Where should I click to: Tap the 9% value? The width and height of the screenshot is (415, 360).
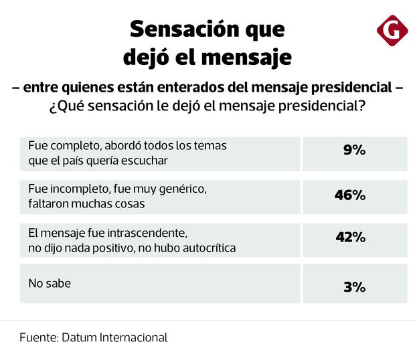[355, 151]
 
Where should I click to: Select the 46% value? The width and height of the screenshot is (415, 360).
[349, 195]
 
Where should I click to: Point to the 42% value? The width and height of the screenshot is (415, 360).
[349, 237]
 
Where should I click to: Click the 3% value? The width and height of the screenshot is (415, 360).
[355, 287]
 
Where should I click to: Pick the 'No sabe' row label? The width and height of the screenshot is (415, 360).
[49, 283]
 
